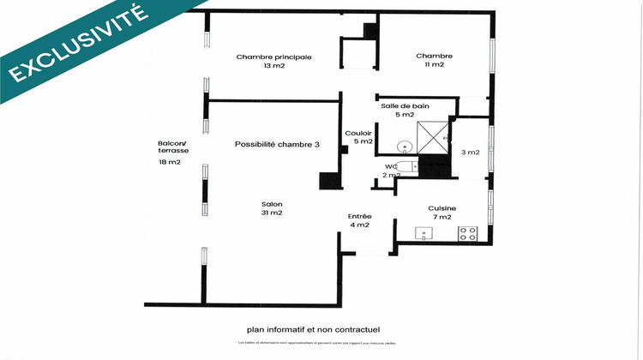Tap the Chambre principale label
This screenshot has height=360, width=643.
point(273,57)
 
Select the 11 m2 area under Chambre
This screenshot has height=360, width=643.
point(434,65)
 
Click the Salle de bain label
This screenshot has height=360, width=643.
point(406,105)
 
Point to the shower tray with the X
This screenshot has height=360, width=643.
point(432,137)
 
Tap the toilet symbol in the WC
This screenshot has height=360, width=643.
point(406,167)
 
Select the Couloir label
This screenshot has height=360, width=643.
point(358,133)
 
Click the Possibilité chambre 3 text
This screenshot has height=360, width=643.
point(277,145)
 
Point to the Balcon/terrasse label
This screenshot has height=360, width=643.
point(173,147)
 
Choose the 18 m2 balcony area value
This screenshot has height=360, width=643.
point(169,161)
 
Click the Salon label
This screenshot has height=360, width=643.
point(272,204)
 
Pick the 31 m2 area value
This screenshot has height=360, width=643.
point(272,213)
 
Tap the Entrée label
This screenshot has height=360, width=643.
point(358,216)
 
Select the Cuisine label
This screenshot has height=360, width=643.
point(442,208)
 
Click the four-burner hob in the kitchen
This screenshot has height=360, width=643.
point(467,233)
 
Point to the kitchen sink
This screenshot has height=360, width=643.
point(422,233)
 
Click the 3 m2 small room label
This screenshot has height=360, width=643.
point(470,153)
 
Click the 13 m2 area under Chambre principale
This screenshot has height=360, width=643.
point(273,66)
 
